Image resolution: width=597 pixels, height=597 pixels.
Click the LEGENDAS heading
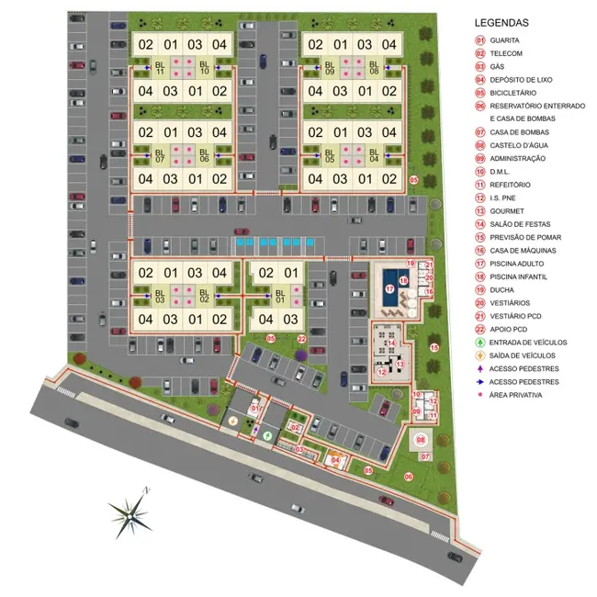click(x=501, y=23)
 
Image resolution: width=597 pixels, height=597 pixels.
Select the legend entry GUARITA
click(x=508, y=40)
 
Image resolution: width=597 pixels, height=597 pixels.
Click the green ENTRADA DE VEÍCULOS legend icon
click(x=479, y=343)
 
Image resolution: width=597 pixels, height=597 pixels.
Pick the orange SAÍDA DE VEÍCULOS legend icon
click(x=479, y=355)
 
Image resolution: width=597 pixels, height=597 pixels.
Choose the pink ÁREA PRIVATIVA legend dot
click(x=479, y=395)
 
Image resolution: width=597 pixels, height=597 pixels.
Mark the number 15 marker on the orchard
click(x=435, y=348)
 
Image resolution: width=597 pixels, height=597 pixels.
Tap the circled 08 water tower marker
click(x=422, y=440)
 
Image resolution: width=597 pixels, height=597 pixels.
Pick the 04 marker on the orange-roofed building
click(x=335, y=459)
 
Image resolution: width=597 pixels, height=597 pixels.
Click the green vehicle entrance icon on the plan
click(x=267, y=435)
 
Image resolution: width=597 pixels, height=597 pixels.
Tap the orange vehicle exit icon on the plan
click(x=233, y=422)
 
